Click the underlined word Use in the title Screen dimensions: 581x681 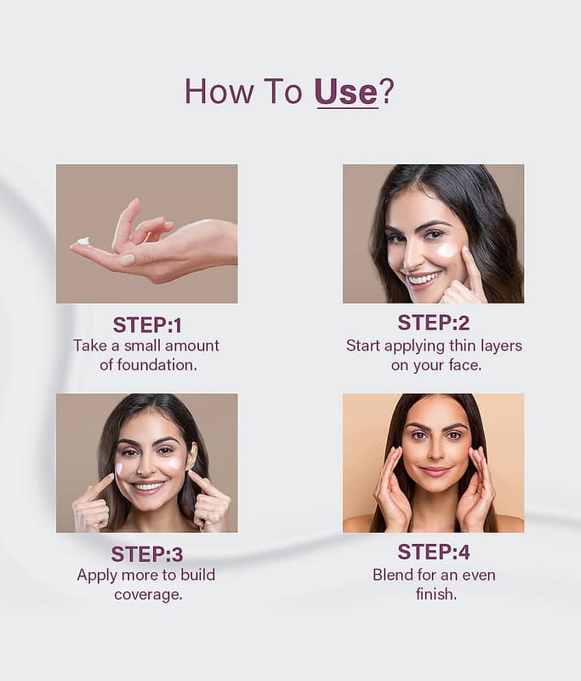[x=346, y=91]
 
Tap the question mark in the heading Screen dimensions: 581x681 [x=386, y=91]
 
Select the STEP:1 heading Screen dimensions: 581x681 [x=147, y=325]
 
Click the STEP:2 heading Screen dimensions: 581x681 [x=434, y=323]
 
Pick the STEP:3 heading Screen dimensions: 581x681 [x=147, y=554]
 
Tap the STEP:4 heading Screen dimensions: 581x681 [x=434, y=552]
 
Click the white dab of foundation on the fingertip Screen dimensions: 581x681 [x=83, y=241]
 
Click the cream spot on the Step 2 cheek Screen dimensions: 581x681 [x=447, y=249]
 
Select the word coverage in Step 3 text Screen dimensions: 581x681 [x=148, y=594]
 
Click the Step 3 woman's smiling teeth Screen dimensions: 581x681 [x=148, y=486]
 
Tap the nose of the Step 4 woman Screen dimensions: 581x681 [x=436, y=453]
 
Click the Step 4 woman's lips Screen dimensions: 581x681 [x=436, y=472]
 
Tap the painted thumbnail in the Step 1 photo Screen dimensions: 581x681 [x=127, y=260]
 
